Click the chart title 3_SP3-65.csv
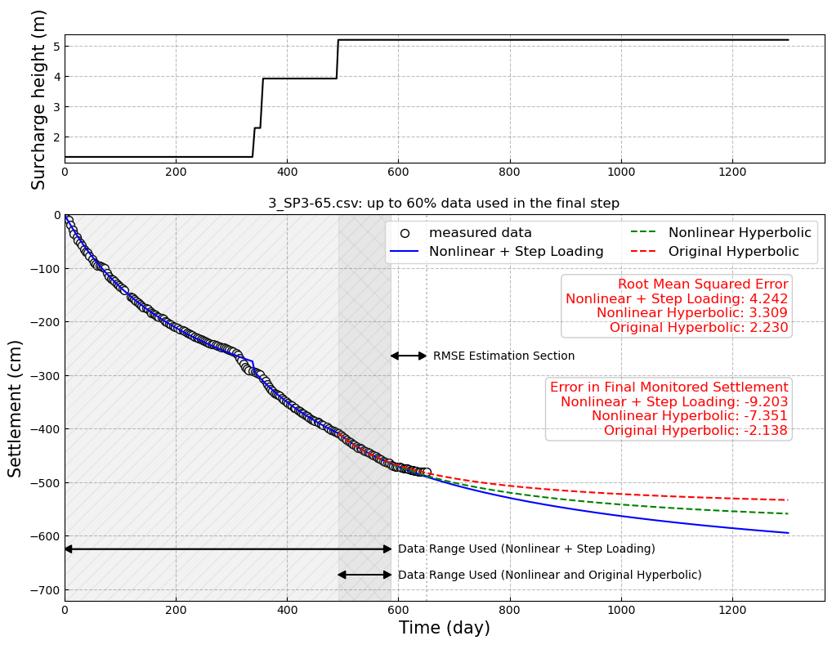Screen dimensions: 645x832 (444, 204)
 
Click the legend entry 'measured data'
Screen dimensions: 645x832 (480, 233)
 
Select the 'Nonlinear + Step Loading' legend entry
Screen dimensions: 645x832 (516, 252)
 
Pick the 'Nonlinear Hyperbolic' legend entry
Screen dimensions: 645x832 (740, 233)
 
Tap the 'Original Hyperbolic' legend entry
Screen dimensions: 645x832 (733, 252)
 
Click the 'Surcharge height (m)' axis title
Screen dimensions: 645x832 (38, 99)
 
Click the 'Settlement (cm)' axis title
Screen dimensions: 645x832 (16, 408)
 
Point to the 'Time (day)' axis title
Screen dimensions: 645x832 (444, 628)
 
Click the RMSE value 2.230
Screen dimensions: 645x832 (766, 328)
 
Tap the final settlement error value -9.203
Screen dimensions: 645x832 (764, 402)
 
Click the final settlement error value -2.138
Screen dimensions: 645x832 (764, 431)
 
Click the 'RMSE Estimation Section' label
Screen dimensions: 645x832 (503, 356)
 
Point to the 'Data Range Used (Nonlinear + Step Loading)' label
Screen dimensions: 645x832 (526, 549)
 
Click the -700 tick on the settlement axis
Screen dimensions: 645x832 (44, 590)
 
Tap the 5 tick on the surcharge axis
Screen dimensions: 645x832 (56, 47)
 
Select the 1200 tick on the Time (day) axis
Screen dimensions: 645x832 (731, 609)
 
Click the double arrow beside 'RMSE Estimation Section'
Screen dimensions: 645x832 (409, 356)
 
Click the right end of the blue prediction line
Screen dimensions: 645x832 (788, 533)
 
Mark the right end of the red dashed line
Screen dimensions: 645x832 (788, 499)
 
